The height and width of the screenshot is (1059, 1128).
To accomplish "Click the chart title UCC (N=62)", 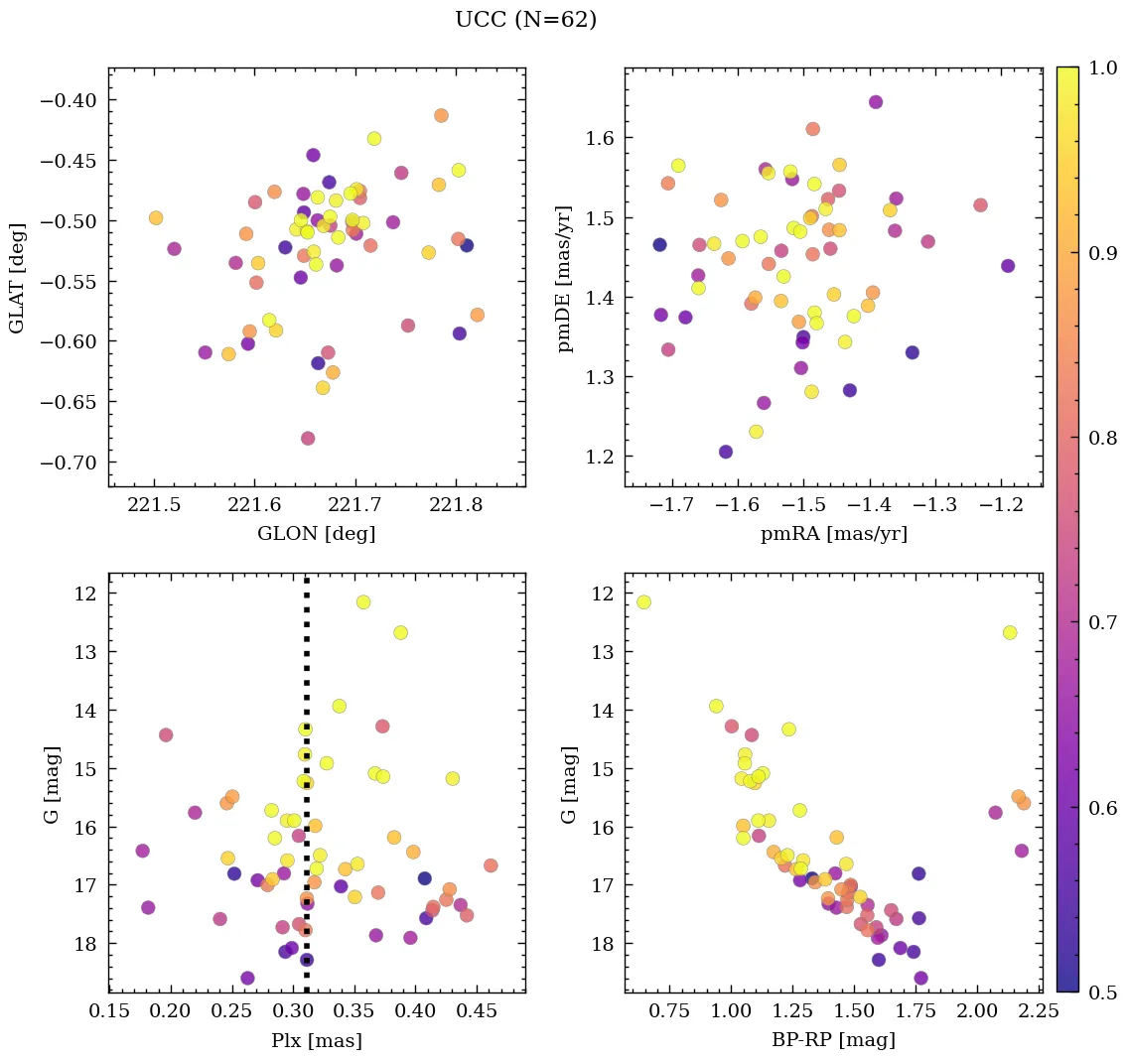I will [x=525, y=20].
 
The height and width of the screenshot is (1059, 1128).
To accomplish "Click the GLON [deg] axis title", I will [x=316, y=534].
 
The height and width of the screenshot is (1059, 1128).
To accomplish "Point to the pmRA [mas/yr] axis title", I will [x=833, y=534].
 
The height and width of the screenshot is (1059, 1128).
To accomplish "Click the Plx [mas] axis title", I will [x=316, y=1040].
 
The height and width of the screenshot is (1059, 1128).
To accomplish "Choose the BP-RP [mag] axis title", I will [x=833, y=1040].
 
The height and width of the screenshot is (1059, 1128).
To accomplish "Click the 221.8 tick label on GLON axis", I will [x=456, y=505].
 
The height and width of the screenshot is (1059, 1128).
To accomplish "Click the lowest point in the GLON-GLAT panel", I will [x=308, y=438].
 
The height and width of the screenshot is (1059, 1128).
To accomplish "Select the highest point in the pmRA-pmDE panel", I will [x=876, y=102].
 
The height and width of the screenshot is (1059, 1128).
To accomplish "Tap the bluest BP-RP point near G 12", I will [x=643, y=602].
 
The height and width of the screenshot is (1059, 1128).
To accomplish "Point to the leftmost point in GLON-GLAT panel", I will [x=156, y=218].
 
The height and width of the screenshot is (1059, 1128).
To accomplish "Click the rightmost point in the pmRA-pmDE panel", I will [x=1008, y=266].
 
